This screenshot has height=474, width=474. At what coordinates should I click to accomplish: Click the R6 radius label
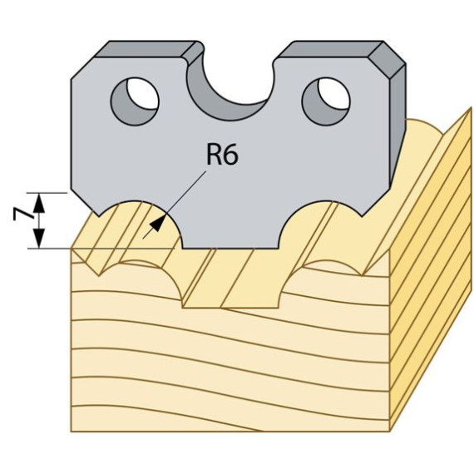pos(223,154)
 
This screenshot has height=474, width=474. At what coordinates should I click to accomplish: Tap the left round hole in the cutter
pos(135,101)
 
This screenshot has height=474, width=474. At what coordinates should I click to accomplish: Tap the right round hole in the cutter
pos(326,101)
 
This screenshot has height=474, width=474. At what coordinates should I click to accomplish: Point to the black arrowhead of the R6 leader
pos(158,223)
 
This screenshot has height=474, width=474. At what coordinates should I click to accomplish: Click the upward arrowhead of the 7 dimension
pos(39,203)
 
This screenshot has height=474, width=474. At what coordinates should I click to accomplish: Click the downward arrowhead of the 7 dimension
pos(39,239)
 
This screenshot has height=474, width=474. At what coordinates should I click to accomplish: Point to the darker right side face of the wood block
pos(431,272)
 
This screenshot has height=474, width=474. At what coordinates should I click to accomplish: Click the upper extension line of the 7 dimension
pos(47,193)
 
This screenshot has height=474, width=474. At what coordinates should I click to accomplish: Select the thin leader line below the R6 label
pos(174,205)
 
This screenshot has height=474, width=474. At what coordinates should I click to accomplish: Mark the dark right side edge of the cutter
pos(397,127)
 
